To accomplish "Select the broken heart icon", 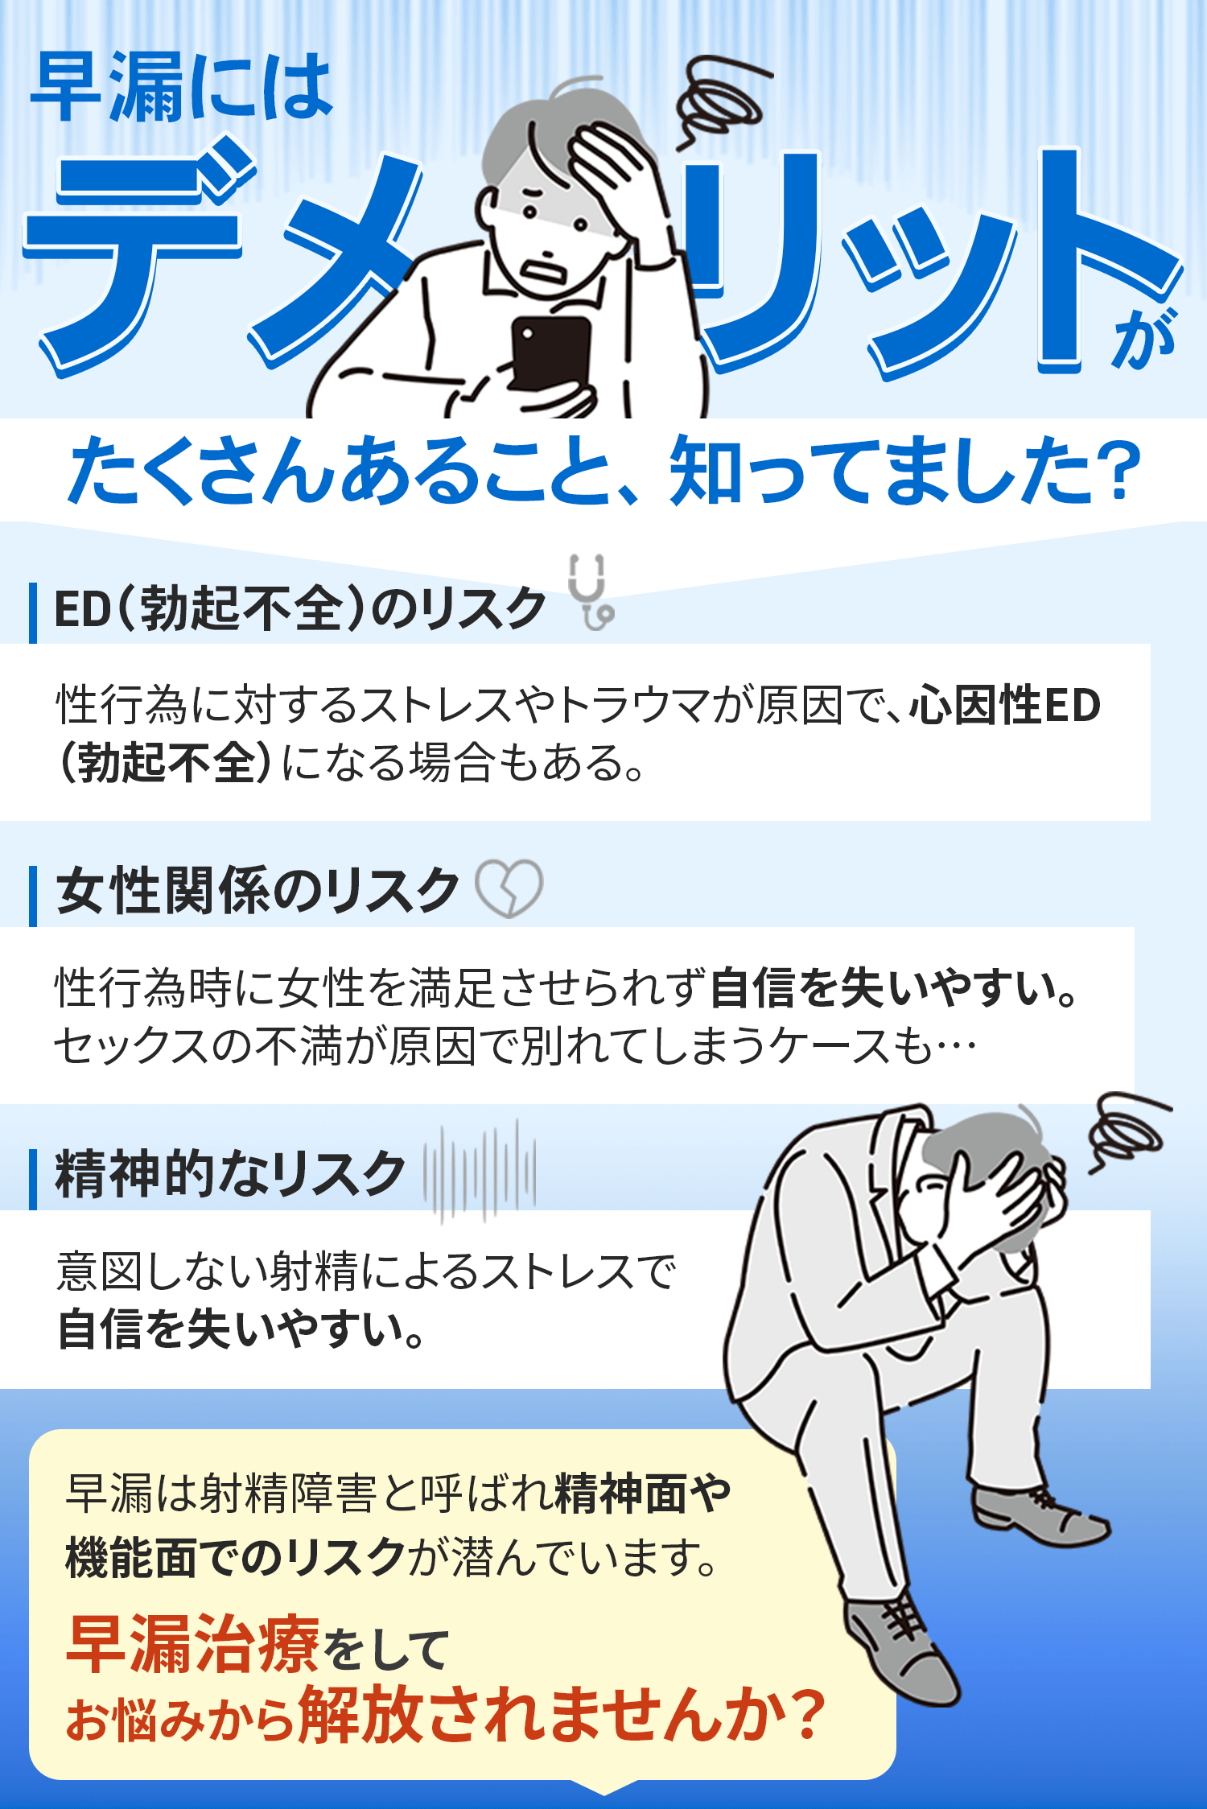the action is point(509,888).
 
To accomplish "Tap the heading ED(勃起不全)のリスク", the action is point(299,608).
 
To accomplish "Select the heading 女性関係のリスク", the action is point(257,891).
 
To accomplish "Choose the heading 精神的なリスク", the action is point(229,1174).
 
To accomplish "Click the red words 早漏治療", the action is point(193,1644).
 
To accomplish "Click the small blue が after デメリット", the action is point(1144,338).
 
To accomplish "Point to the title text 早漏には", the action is point(181,87).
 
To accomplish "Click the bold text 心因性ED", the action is point(1005,705).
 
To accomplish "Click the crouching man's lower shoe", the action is point(901,1646).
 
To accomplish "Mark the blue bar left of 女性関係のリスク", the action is point(33,896).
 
